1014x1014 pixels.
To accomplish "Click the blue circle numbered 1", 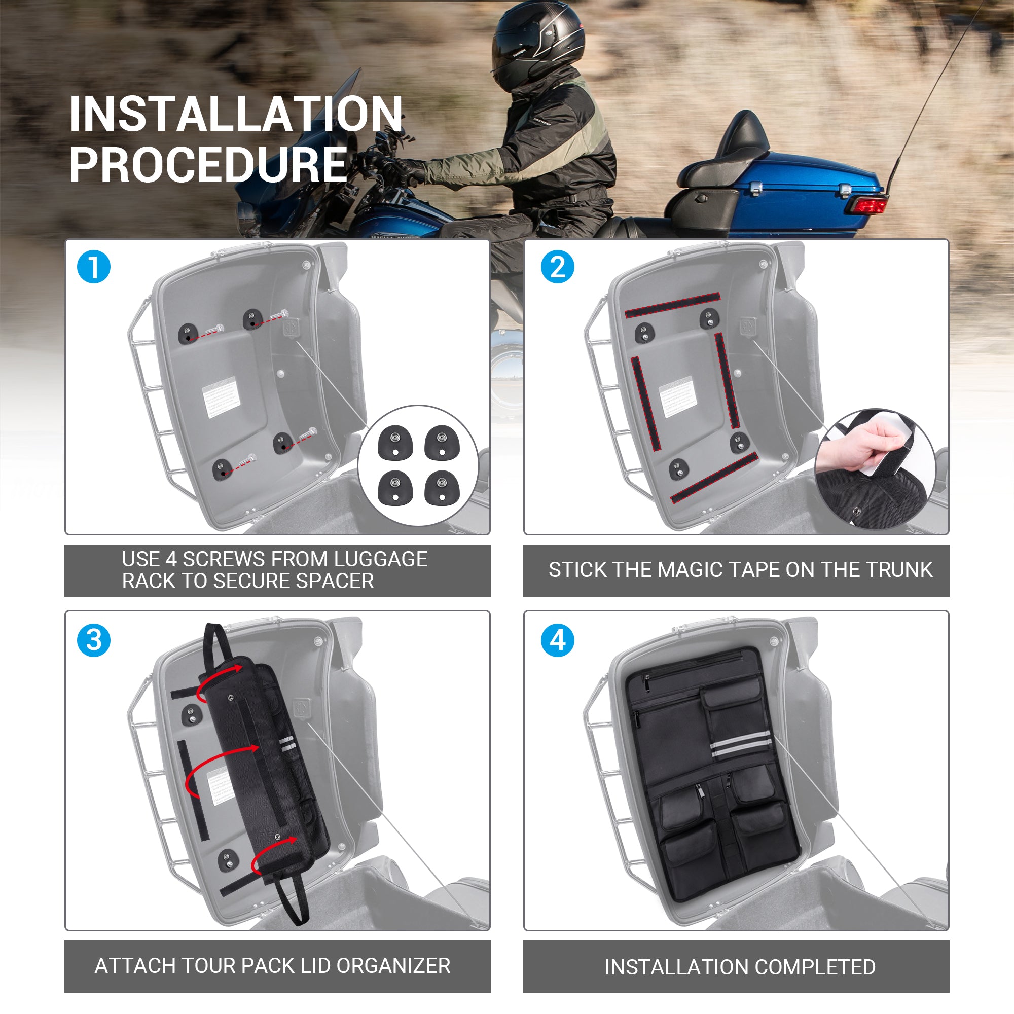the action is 93,267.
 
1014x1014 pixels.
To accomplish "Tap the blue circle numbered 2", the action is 557,267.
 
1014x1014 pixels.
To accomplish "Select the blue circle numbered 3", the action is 93,640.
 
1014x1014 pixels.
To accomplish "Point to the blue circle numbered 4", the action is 557,640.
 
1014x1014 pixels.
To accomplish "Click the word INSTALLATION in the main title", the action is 236,114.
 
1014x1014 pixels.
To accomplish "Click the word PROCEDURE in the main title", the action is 208,164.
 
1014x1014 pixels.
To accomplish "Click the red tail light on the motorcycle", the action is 866,204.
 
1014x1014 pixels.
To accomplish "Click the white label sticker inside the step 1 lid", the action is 222,397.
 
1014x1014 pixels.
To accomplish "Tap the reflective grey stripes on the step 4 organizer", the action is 741,744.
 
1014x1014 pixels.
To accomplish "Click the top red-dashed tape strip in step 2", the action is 672,305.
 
